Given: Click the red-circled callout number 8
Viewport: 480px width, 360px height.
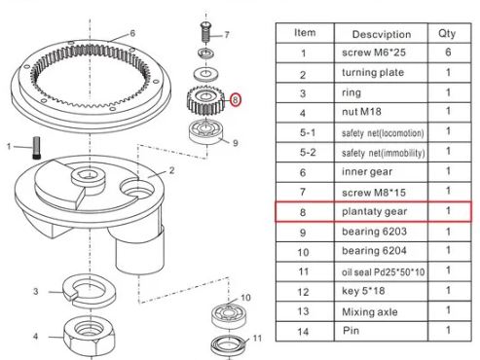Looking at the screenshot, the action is pos(236,99).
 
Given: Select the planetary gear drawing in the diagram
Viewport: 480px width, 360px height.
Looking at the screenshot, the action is pos(204,100).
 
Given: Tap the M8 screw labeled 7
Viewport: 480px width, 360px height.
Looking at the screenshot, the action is pos(205,32).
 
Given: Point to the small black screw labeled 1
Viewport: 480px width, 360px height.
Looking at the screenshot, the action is pos(36,148).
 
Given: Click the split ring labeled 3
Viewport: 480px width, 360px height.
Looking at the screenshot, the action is pos(89,291).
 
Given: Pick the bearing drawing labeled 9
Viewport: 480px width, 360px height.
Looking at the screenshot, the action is pos(205,131).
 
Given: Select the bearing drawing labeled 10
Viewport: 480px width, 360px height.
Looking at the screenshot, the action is pos(228,315).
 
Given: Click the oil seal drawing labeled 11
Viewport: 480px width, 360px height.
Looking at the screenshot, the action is pos(229,345).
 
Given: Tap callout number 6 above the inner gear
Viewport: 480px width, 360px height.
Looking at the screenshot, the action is pos(132,33).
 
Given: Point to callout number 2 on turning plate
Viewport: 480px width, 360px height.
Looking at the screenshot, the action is pos(171,170).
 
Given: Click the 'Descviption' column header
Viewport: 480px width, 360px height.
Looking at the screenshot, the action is pos(382,34).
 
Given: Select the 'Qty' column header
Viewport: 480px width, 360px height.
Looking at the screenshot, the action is pos(447,33).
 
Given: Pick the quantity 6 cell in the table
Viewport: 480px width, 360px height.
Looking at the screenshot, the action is pos(448,52).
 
